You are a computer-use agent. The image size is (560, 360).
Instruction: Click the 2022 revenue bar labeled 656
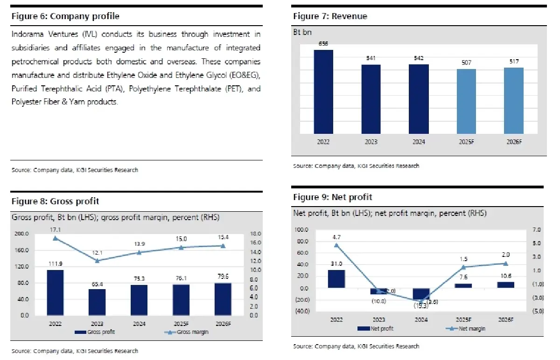pos(323,91)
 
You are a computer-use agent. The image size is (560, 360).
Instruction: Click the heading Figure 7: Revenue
pos(330,16)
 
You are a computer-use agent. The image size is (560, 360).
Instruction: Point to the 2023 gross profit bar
pos(97,302)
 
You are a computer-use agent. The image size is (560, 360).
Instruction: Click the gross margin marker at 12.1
pos(97,261)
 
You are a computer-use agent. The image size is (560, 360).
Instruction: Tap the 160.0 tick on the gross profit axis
pos(21,250)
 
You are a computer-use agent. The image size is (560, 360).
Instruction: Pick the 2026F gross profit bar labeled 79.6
pos(223,299)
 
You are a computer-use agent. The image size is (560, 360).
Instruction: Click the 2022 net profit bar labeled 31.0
pos(336,279)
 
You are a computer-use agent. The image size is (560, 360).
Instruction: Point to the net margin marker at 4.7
pos(336,245)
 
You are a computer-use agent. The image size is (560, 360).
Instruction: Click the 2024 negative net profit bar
pos(421,294)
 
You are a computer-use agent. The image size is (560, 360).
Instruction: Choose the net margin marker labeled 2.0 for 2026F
pos(505,263)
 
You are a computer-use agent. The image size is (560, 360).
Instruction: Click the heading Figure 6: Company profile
pos(65,16)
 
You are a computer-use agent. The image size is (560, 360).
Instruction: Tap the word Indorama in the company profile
pos(26,35)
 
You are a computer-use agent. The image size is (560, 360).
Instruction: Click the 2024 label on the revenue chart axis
pos(419,142)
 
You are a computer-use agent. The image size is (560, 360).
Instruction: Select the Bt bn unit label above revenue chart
pos(302,32)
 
